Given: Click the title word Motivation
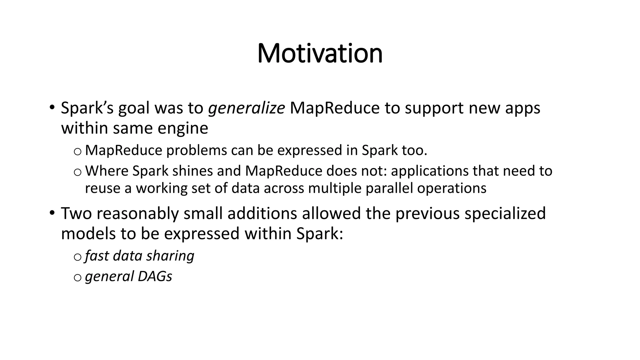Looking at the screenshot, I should pos(320,53).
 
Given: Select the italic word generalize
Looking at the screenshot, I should pos(246,108).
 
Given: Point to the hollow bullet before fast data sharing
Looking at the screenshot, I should pos(77,257).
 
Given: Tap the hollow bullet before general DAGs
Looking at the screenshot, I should pos(77,277).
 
